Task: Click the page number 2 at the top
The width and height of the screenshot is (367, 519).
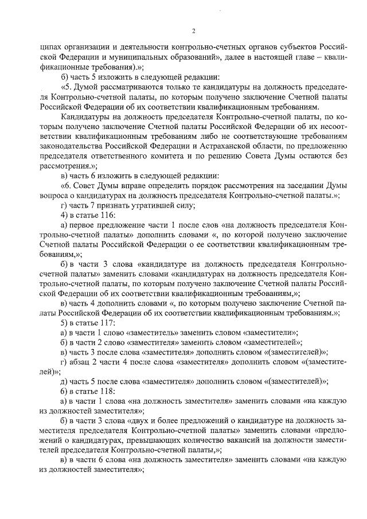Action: [x=193, y=30]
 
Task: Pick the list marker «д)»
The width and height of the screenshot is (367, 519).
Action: [x=64, y=381]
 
